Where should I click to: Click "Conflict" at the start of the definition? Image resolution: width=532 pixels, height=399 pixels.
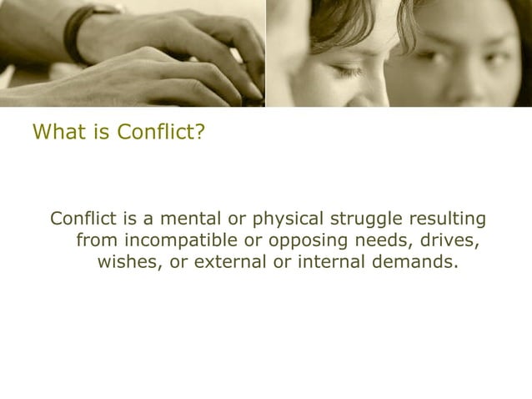point(84,220)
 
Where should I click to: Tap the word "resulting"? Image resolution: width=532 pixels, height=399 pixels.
point(444,220)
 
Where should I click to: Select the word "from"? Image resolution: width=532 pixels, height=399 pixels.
point(96,242)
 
